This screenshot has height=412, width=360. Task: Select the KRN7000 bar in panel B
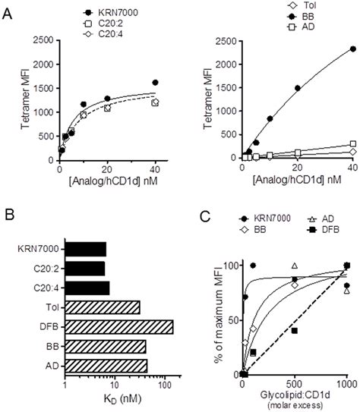pyautogui.click(x=86, y=249)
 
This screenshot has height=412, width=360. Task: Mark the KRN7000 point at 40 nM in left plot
pyautogui.click(x=155, y=83)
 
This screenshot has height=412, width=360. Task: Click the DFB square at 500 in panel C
pyautogui.click(x=294, y=331)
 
